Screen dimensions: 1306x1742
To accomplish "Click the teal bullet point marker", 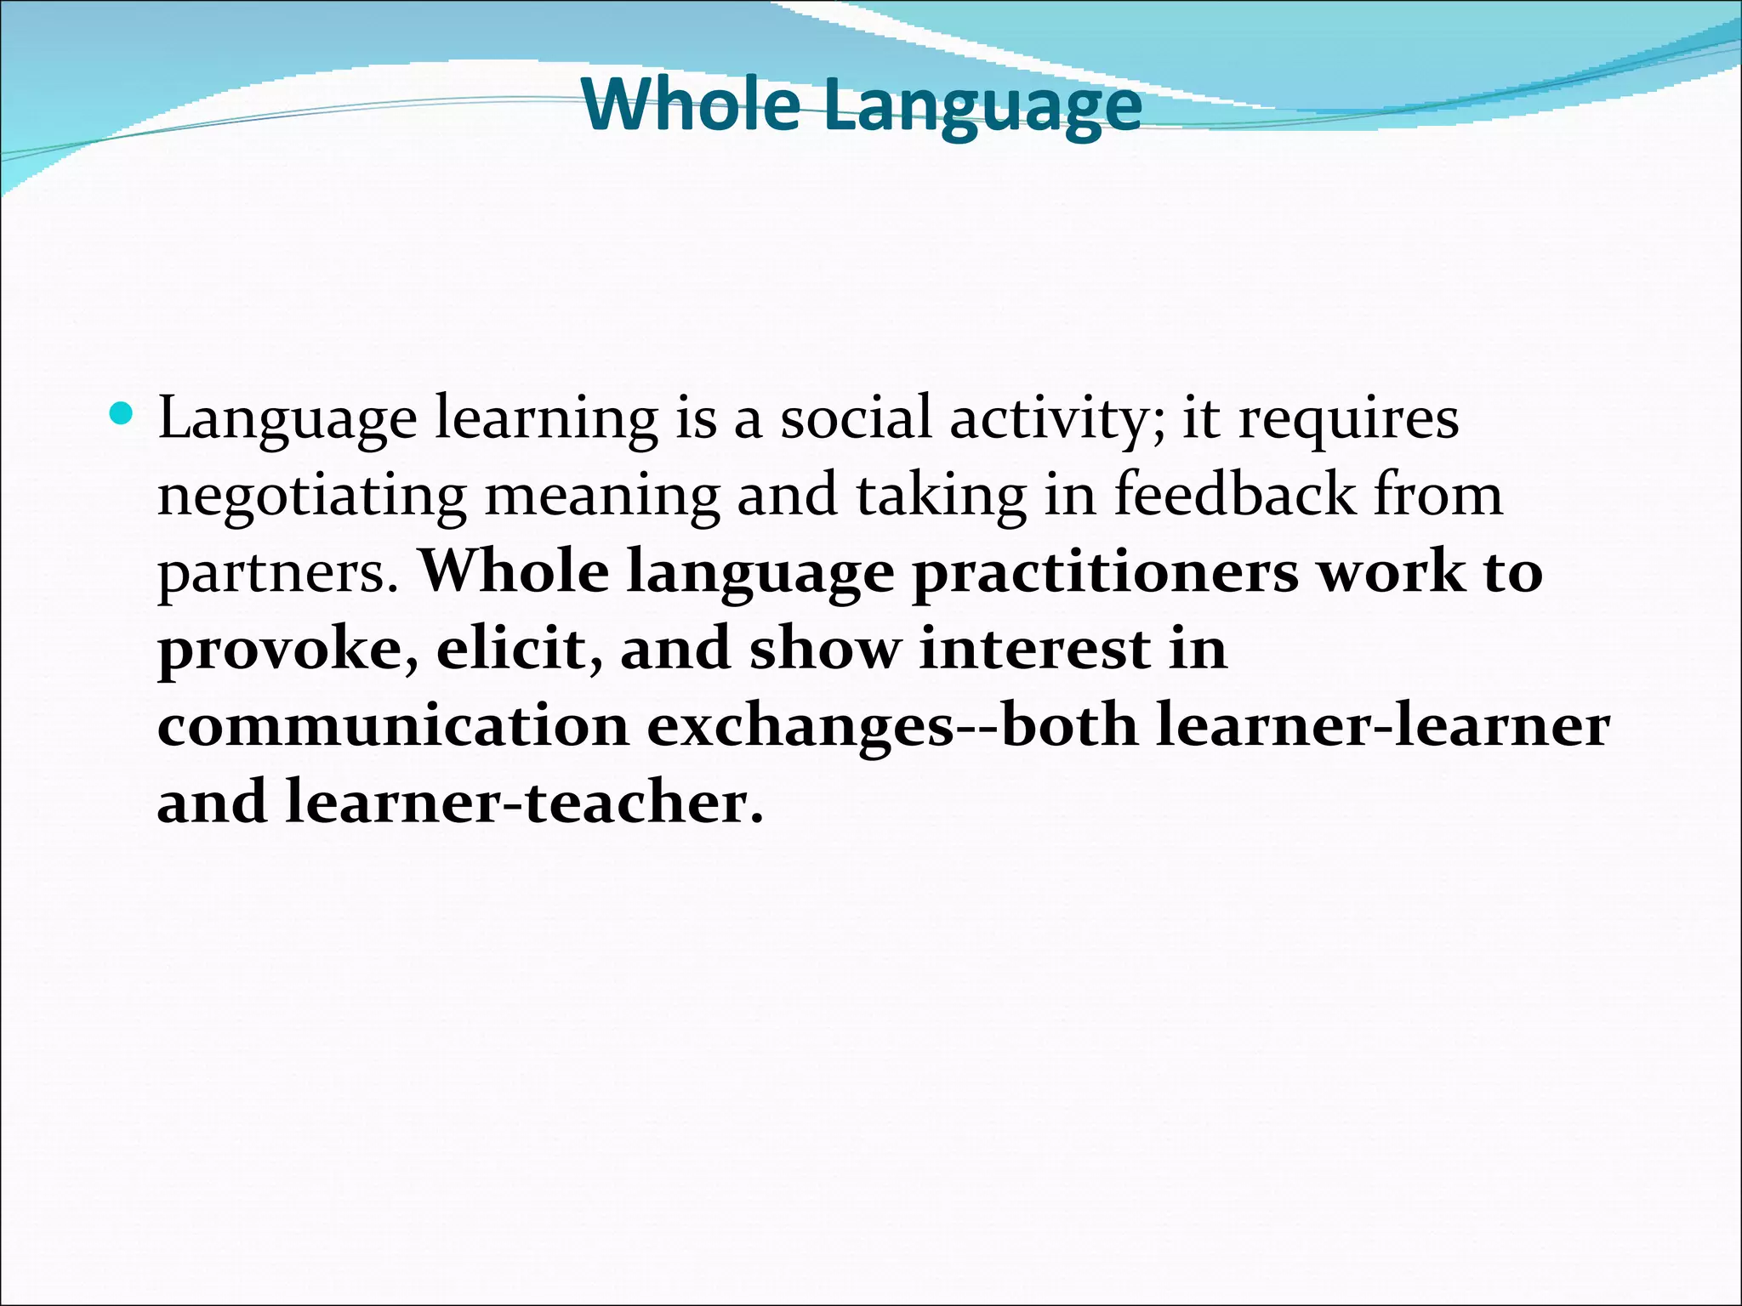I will (122, 415).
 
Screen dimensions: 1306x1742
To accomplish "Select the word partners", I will (278, 573).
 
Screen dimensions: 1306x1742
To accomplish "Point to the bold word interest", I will (1035, 650).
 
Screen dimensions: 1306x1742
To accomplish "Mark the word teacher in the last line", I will (644, 803).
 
